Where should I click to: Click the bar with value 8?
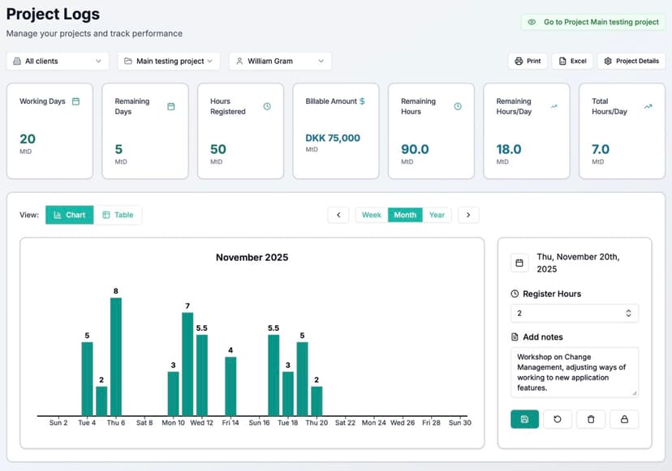pyautogui.click(x=116, y=357)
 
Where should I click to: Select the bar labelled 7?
pyautogui.click(x=187, y=364)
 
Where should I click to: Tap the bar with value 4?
pyautogui.click(x=230, y=386)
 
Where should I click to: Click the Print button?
pyautogui.click(x=527, y=61)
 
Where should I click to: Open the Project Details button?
pyautogui.click(x=631, y=61)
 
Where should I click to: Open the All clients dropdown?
pyautogui.click(x=58, y=61)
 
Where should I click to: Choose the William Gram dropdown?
pyautogui.click(x=280, y=61)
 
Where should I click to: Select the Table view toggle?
pyautogui.click(x=118, y=215)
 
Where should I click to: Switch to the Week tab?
pyautogui.click(x=372, y=215)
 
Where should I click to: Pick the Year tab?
pyautogui.click(x=437, y=215)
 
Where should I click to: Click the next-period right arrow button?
pyautogui.click(x=468, y=215)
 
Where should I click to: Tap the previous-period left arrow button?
pyautogui.click(x=338, y=215)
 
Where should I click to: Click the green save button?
pyautogui.click(x=524, y=419)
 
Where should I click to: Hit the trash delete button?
pyautogui.click(x=591, y=419)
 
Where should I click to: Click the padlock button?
pyautogui.click(x=624, y=419)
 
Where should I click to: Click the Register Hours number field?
pyautogui.click(x=568, y=313)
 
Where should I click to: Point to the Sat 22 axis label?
pyautogui.click(x=345, y=422)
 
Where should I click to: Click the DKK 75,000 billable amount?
pyautogui.click(x=333, y=138)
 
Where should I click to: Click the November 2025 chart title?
pyautogui.click(x=252, y=258)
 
